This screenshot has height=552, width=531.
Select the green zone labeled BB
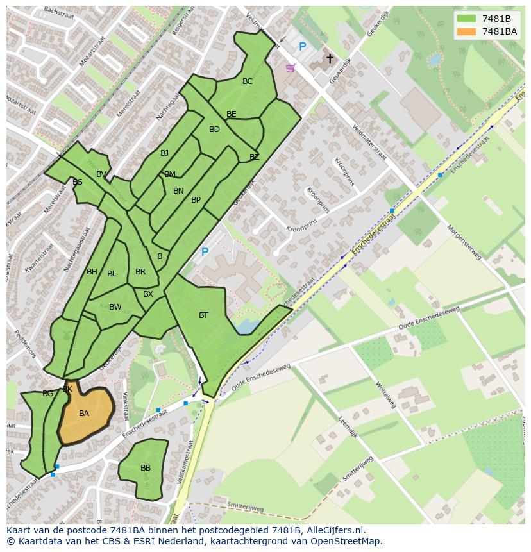(145, 469)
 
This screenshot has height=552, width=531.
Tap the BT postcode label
(203, 315)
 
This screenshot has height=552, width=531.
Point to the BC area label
(248, 81)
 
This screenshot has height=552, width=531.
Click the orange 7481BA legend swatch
(467, 31)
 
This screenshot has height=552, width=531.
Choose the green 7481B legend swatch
(467, 19)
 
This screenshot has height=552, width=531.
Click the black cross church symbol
(330, 59)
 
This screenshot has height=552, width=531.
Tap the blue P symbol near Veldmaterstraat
(303, 47)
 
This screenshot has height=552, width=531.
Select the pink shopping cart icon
(291, 67)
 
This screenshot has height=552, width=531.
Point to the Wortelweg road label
(386, 396)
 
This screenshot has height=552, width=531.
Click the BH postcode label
(92, 272)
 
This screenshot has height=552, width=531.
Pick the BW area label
(115, 307)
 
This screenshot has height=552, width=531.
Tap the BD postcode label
(214, 130)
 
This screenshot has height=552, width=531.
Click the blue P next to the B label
(205, 253)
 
